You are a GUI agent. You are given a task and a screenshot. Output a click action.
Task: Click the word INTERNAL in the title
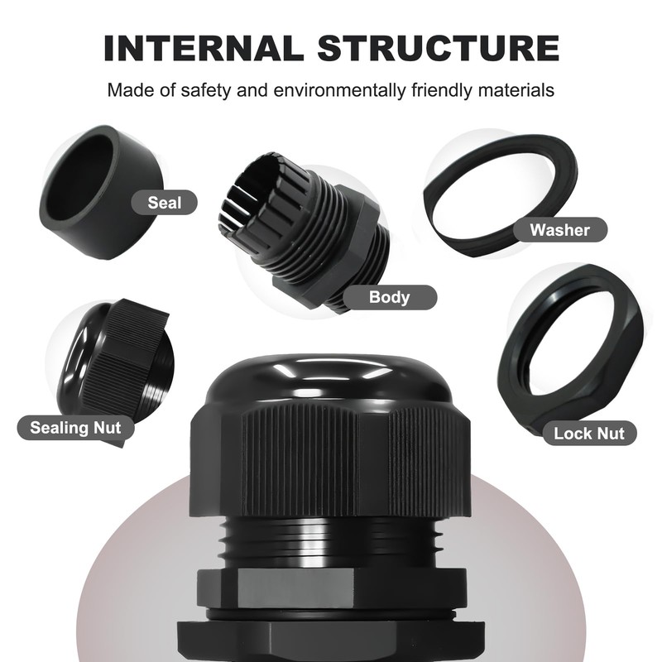pyautogui.click(x=204, y=48)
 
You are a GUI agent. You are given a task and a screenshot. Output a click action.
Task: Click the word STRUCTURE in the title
pyautogui.click(x=439, y=48)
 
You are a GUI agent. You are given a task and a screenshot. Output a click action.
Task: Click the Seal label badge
pyautogui.click(x=164, y=203)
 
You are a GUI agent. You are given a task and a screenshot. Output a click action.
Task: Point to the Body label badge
pyautogui.click(x=389, y=297)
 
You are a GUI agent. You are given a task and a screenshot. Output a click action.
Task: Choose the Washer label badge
pyautogui.click(x=560, y=230)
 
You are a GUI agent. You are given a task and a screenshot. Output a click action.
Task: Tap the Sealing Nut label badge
pyautogui.click(x=75, y=428)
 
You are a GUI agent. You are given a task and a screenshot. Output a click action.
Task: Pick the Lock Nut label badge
pyautogui.click(x=589, y=433)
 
